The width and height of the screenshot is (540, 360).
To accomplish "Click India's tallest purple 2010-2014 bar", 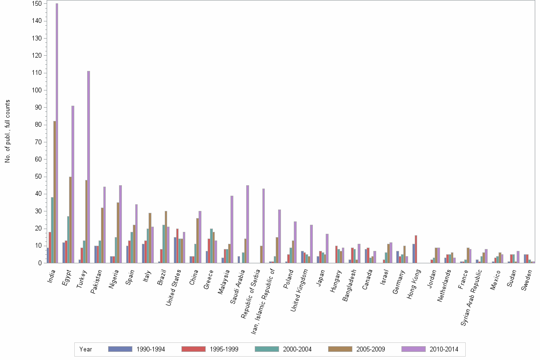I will (x=57, y=133).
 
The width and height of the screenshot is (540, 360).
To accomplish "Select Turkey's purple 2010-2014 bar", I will (x=89, y=167).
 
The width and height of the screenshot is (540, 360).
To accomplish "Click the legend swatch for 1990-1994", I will (x=120, y=349).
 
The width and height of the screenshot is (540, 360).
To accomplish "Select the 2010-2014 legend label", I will (x=443, y=350).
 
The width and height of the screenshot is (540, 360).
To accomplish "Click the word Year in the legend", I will (x=86, y=350).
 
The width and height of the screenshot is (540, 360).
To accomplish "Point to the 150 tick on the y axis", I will (x=36, y=4).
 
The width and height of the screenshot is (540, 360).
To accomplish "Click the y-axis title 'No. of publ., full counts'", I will (x=8, y=131).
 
